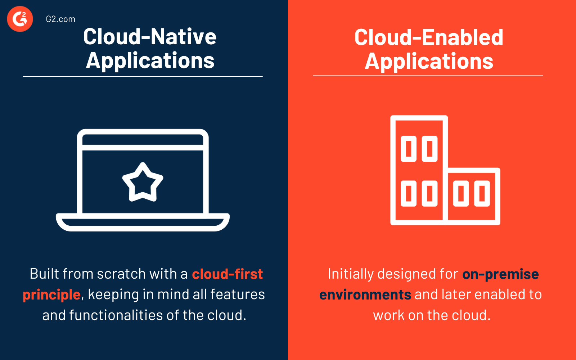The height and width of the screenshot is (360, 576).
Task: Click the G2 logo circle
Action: tap(20, 19)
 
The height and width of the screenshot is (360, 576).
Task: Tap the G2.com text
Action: tap(60, 19)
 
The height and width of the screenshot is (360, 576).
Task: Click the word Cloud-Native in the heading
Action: tap(150, 37)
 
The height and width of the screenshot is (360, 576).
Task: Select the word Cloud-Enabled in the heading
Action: tap(429, 37)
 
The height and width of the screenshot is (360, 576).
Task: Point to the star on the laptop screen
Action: tap(143, 182)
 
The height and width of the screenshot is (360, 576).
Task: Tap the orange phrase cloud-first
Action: tap(228, 274)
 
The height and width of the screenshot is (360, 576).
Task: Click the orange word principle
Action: tap(51, 295)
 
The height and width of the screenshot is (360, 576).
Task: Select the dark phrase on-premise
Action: tap(500, 274)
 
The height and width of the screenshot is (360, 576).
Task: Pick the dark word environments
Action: tap(365, 295)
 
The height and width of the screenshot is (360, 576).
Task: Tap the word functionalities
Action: tap(116, 315)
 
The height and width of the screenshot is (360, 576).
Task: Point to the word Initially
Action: tap(346, 274)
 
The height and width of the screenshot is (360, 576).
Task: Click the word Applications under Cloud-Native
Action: tap(150, 60)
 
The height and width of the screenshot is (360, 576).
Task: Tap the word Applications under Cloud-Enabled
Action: tap(429, 61)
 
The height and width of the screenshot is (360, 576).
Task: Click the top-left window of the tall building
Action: tap(409, 149)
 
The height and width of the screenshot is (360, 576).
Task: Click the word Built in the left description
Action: tap(44, 274)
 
